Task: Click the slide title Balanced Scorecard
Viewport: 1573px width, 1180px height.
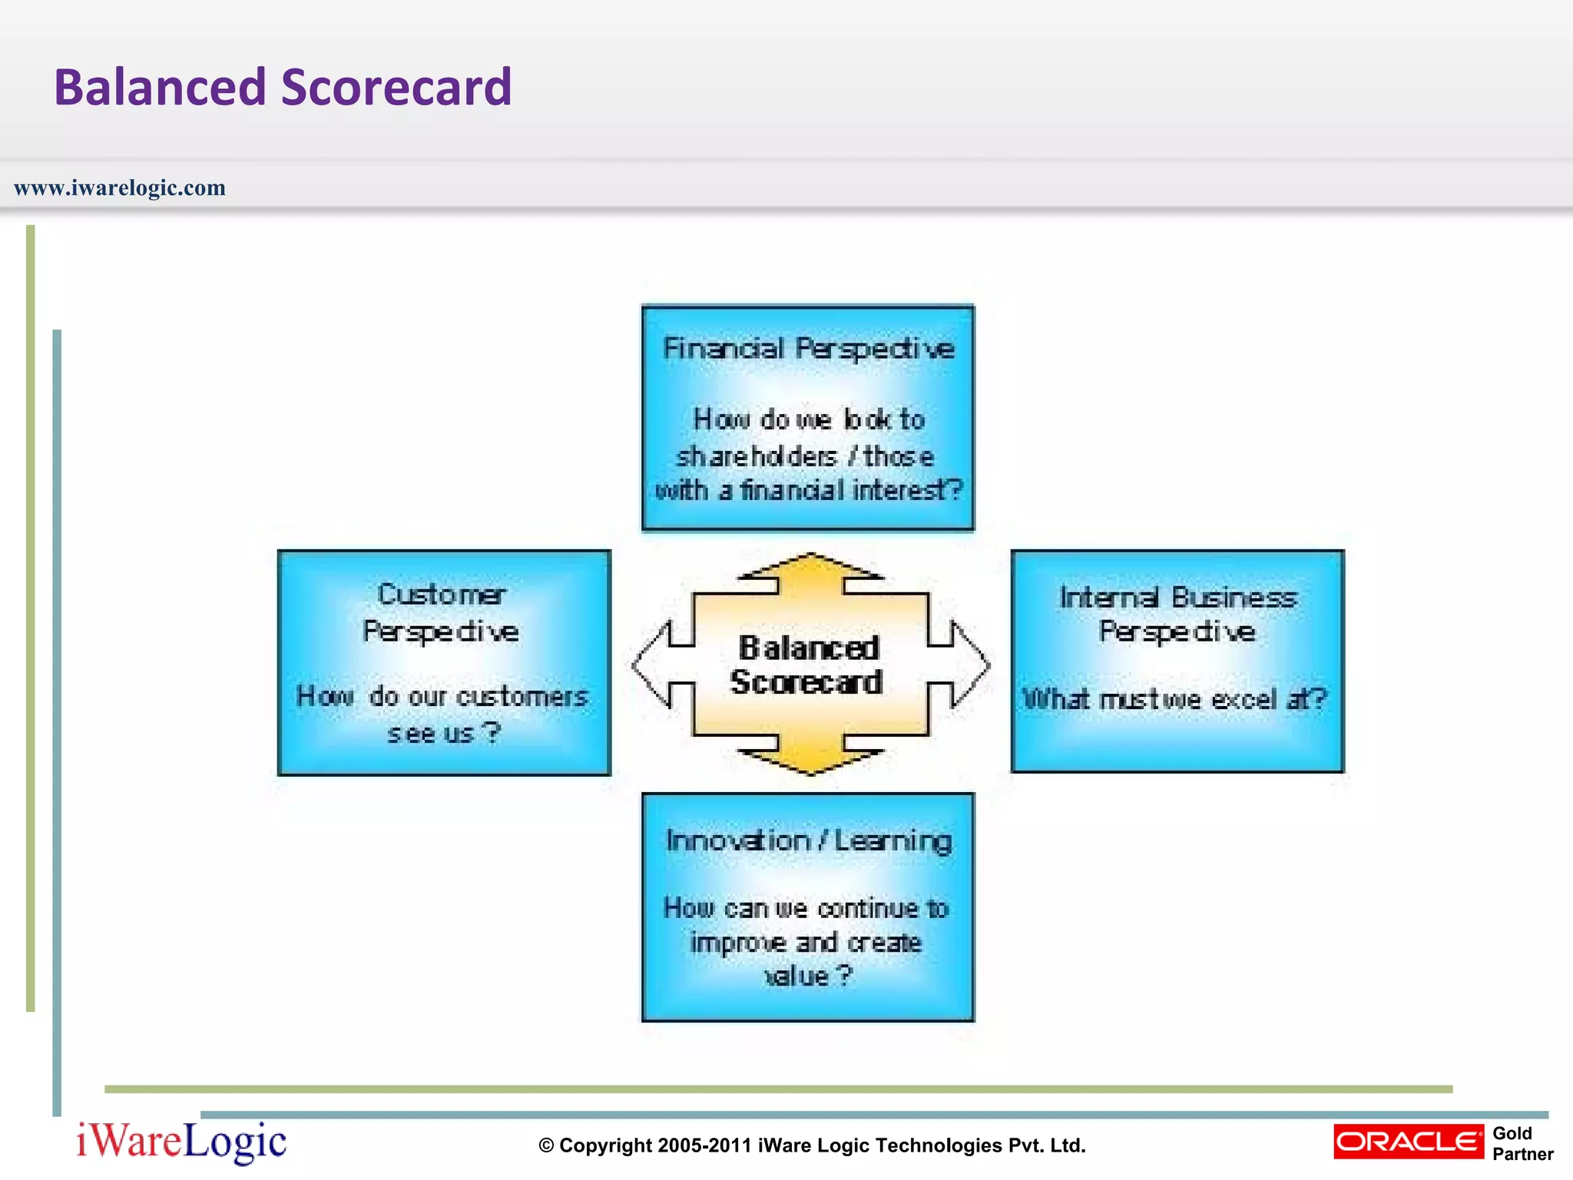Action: [x=282, y=87]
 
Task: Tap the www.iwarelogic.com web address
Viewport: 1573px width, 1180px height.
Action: [x=120, y=188]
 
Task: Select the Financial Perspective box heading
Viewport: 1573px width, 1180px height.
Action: [x=808, y=350]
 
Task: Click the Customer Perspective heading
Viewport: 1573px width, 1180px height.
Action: [x=442, y=613]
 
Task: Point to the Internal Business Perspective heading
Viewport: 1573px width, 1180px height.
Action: [x=1177, y=615]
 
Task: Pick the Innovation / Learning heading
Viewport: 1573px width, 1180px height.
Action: [x=809, y=841]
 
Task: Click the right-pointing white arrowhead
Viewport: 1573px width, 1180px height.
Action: [x=971, y=665]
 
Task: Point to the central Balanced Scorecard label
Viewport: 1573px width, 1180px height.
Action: [x=807, y=665]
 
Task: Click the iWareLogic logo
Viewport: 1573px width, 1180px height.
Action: [x=181, y=1142]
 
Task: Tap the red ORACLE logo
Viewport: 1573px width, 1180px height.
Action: [x=1408, y=1142]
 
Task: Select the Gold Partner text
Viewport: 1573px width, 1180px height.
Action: [x=1522, y=1144]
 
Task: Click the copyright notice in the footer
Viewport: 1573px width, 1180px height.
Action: [x=812, y=1145]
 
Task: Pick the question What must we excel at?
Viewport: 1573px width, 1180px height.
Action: [x=1175, y=700]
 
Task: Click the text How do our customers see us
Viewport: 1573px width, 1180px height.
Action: [x=442, y=714]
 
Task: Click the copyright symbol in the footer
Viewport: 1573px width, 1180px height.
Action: [x=546, y=1146]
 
